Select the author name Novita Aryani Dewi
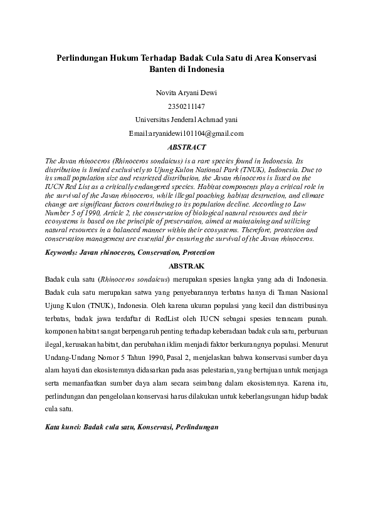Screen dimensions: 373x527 tap(186, 93)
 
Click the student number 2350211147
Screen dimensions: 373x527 tap(186, 106)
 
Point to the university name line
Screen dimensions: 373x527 tap(186, 120)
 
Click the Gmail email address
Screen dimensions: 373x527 tap(186, 133)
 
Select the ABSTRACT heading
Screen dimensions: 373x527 tap(186, 147)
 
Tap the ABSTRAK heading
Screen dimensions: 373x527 tap(186, 265)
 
